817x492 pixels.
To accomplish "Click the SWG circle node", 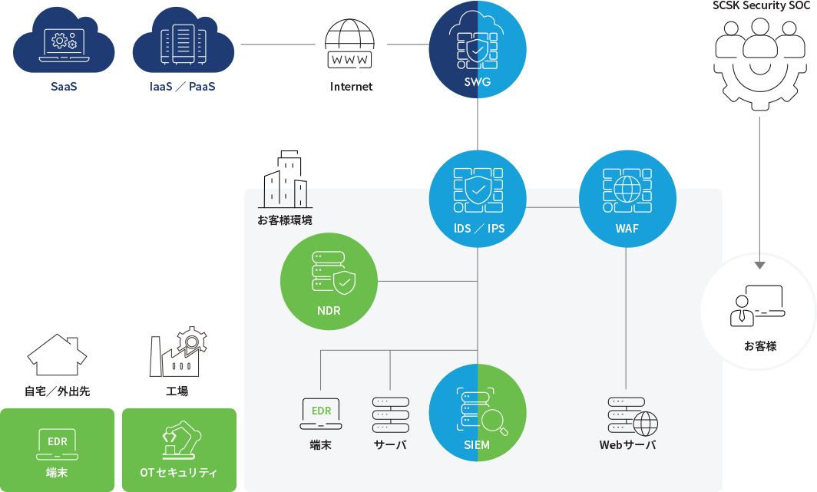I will (478, 49).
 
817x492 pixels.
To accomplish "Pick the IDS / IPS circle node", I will (478, 199).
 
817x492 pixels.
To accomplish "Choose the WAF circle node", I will (627, 199).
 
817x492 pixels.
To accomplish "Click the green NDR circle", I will (329, 282).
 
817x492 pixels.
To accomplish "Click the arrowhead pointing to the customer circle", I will (759, 264).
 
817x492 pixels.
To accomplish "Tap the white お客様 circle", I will (759, 312).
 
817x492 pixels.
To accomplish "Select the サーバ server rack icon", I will (390, 414).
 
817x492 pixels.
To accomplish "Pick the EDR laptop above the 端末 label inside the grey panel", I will (321, 414).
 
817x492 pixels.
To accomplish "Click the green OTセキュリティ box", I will (178, 450).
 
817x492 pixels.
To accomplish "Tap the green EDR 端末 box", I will (58, 450).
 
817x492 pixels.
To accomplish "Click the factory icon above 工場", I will (177, 352).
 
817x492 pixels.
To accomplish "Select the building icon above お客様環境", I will (285, 180).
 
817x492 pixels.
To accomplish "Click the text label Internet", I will (351, 87).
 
